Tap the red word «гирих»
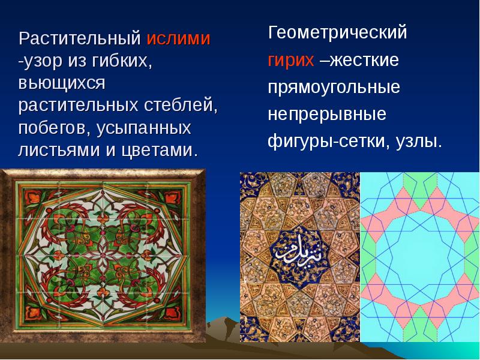pyautogui.click(x=290, y=61)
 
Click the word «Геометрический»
pyautogui.click(x=337, y=33)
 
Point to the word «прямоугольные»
pyautogui.click(x=334, y=88)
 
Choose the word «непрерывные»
pyautogui.click(x=327, y=115)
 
